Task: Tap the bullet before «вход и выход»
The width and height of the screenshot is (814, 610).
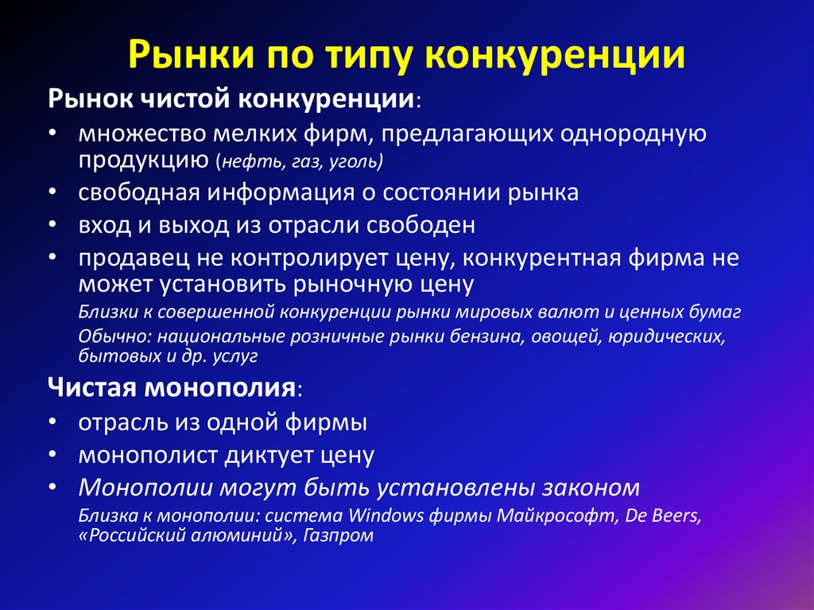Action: point(51,226)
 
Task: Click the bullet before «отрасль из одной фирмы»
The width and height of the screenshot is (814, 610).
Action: point(51,423)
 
